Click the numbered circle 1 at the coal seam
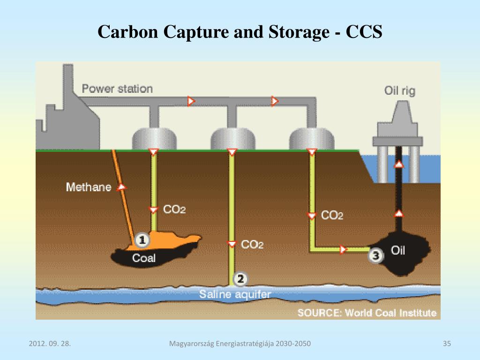click(x=142, y=241)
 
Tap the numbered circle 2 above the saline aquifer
click(x=240, y=279)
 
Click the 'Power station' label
click(x=117, y=89)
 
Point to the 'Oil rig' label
click(x=399, y=90)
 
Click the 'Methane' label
click(x=89, y=187)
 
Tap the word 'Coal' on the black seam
click(x=143, y=258)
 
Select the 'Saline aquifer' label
click(x=235, y=294)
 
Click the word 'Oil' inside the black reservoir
click(x=398, y=250)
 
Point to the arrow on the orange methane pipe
click(x=122, y=187)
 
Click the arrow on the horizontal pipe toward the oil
click(x=344, y=249)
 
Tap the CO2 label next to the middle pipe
click(x=252, y=245)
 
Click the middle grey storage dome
click(x=232, y=138)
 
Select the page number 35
click(x=446, y=345)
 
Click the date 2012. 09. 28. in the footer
click(x=49, y=345)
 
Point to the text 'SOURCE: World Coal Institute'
click(x=367, y=313)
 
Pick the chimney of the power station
click(x=67, y=89)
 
